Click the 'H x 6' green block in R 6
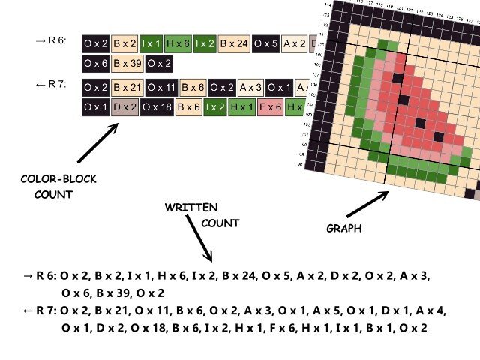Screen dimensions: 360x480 click(178, 44)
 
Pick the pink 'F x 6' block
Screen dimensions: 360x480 click(268, 108)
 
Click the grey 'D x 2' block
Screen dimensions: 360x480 click(124, 108)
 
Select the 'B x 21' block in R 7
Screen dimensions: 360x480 click(127, 88)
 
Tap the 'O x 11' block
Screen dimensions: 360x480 click(162, 88)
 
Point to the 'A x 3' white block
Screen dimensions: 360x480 click(250, 88)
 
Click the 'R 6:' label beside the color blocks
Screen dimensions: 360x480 click(52, 41)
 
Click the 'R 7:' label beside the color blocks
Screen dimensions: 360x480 click(52, 84)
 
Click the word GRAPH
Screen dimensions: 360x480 click(343, 228)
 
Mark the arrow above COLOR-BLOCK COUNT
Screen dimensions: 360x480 click(97, 142)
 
